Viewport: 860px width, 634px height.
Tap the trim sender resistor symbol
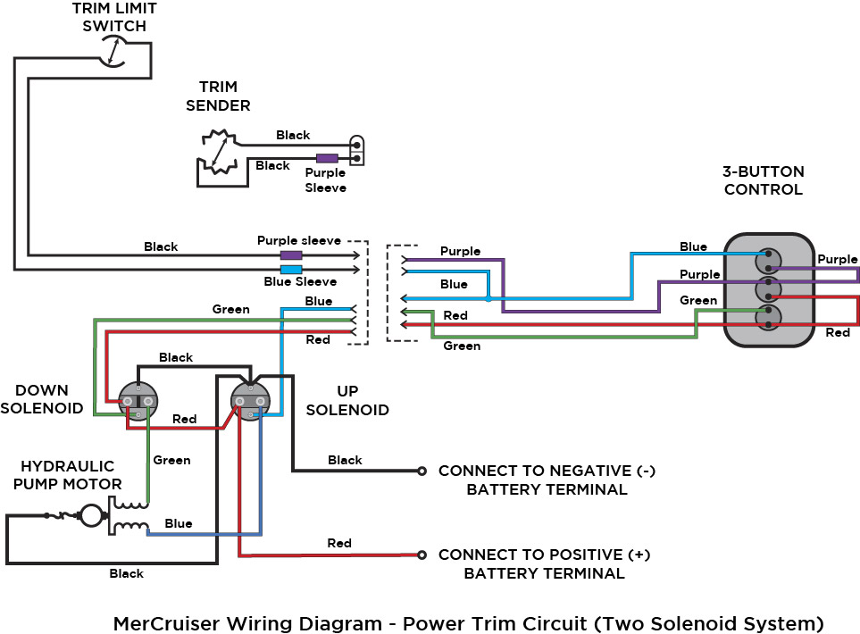tap(217, 153)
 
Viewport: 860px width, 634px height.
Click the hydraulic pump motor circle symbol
tap(90, 515)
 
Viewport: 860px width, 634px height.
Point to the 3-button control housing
tap(768, 289)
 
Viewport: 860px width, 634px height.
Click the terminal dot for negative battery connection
tap(422, 471)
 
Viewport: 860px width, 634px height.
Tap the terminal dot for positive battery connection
tap(422, 555)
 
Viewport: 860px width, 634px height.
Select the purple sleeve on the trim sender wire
tap(327, 158)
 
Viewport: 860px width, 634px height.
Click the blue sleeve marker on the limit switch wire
tap(291, 269)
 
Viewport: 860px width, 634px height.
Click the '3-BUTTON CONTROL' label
tap(763, 180)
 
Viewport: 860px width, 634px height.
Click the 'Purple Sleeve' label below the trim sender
tap(325, 180)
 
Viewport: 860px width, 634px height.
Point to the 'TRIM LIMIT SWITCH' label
tap(113, 16)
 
